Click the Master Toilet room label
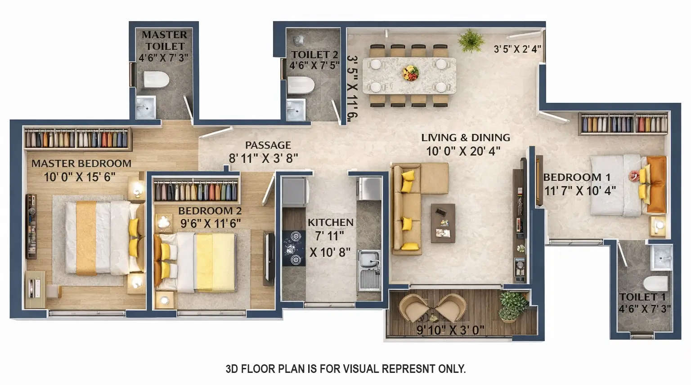click(x=164, y=40)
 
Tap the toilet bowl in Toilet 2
click(x=300, y=84)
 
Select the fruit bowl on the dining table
click(x=410, y=72)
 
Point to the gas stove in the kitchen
click(x=294, y=248)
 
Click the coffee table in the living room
click(x=443, y=223)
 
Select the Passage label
click(x=268, y=145)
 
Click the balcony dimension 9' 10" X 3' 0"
click(x=450, y=330)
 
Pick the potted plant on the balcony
click(x=512, y=305)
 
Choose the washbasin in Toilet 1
click(x=661, y=257)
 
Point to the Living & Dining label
click(x=465, y=137)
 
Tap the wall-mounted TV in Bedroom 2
click(x=269, y=256)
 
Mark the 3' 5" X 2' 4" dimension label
click(x=517, y=49)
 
